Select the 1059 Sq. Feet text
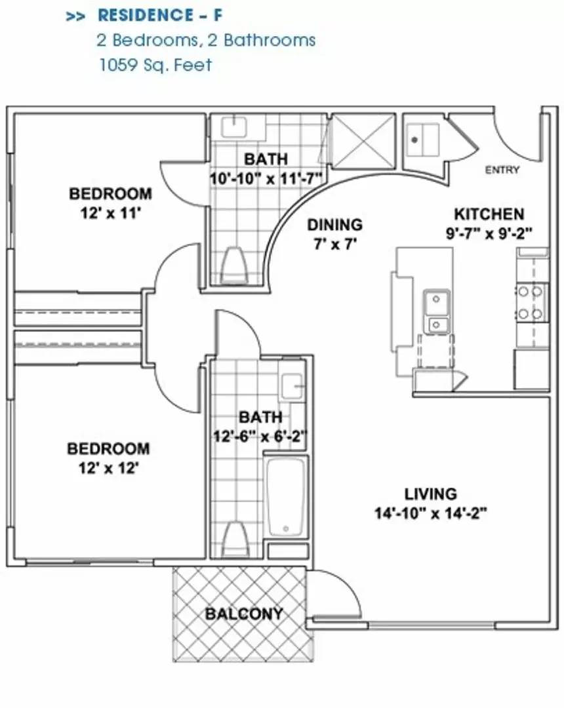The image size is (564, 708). (155, 65)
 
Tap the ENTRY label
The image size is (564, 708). (502, 170)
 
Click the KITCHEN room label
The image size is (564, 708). (489, 214)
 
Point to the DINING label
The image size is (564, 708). (334, 225)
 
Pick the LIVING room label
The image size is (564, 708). (430, 494)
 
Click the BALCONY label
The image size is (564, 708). (244, 614)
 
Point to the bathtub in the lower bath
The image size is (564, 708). (286, 498)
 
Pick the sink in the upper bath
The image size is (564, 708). (232, 126)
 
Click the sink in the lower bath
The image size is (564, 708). (291, 387)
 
